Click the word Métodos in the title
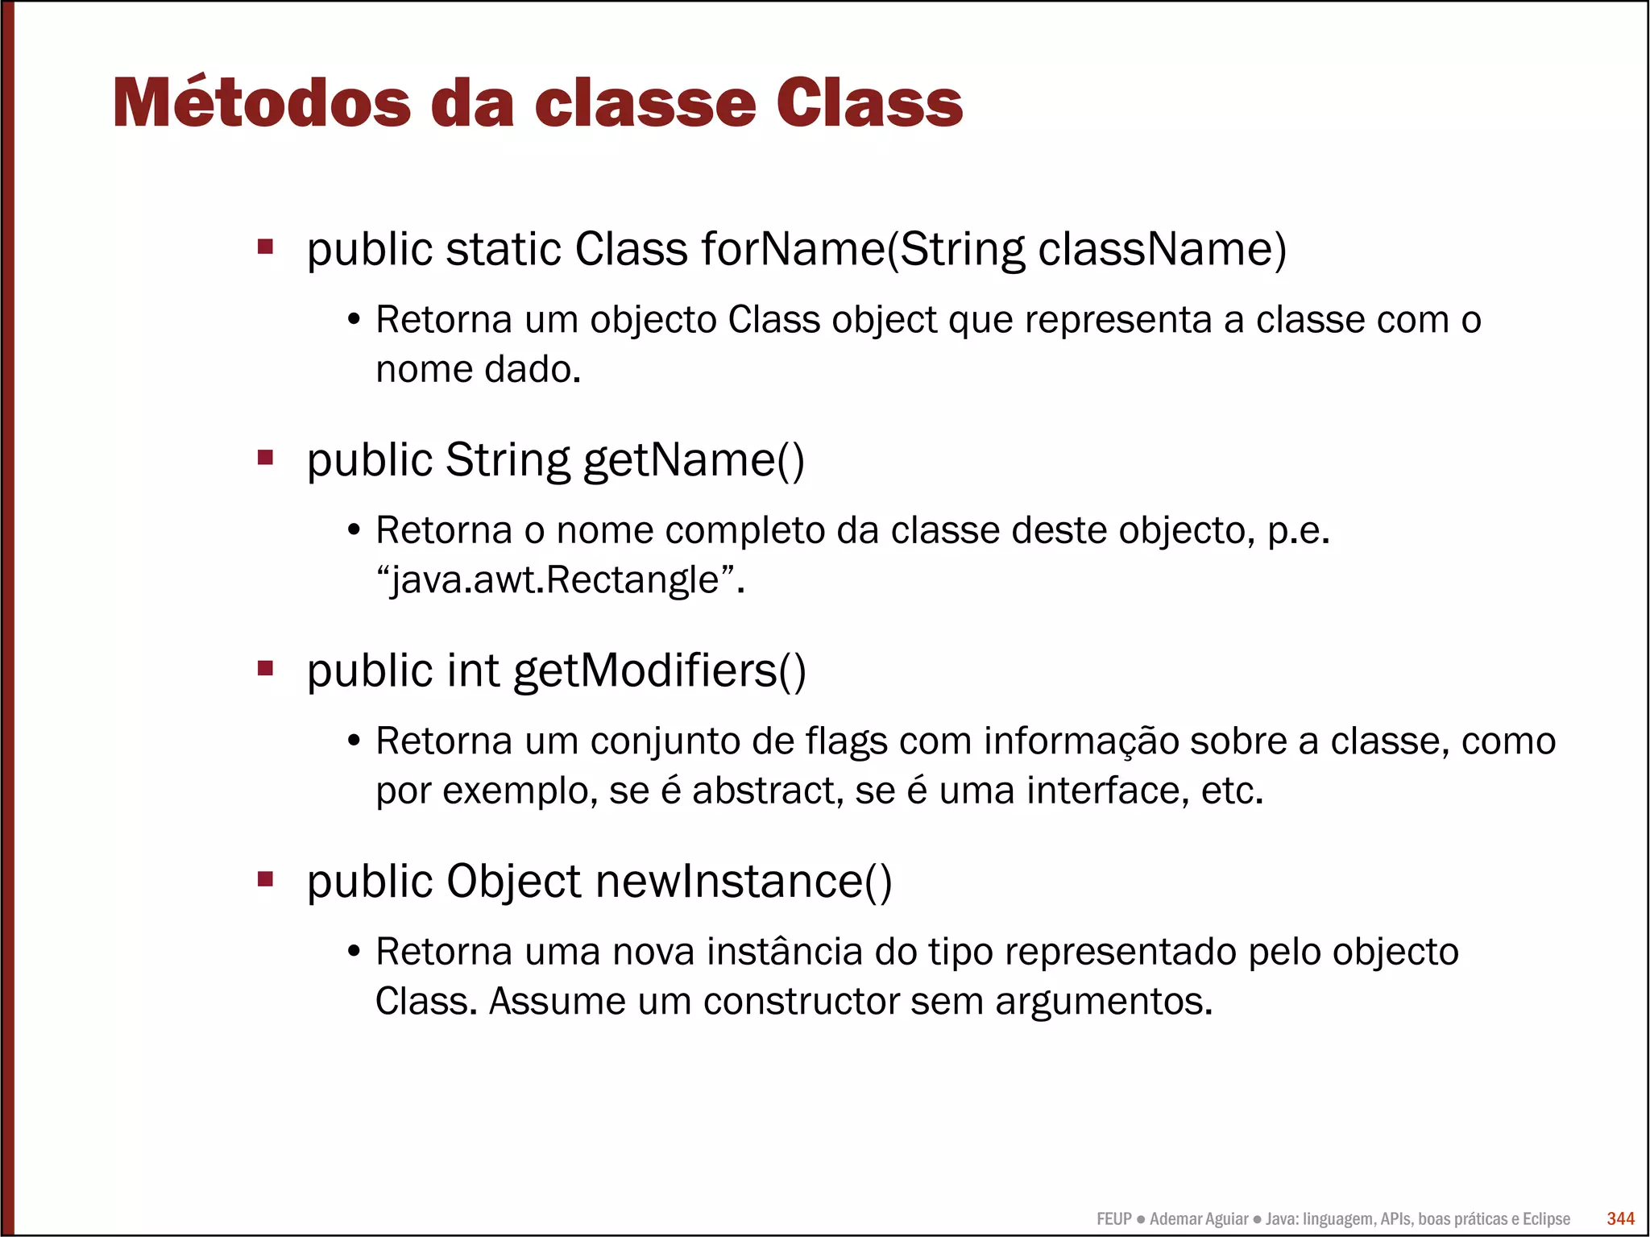261,103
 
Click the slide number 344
1620,1218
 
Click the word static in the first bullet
504,249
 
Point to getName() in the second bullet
693,460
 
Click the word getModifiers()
659,670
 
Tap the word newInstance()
744,881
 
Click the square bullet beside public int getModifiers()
265,668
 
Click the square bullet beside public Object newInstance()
265,878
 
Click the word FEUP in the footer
1113,1219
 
